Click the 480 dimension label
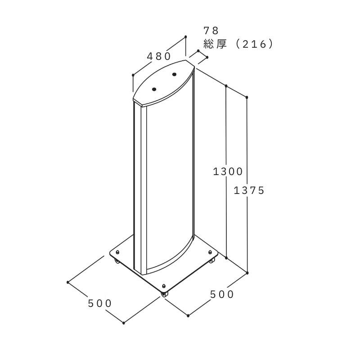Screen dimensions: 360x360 (x=159, y=56)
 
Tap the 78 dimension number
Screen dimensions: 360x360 (x=211, y=31)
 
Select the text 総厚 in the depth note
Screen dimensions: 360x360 (x=215, y=44)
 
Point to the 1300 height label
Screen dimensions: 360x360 (x=228, y=171)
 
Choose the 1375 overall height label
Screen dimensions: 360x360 (x=249, y=190)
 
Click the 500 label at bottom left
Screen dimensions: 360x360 (x=99, y=303)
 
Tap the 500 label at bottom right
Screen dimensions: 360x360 (x=222, y=294)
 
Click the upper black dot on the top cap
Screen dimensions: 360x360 (x=174, y=74)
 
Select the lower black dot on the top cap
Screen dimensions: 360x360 (x=154, y=89)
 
